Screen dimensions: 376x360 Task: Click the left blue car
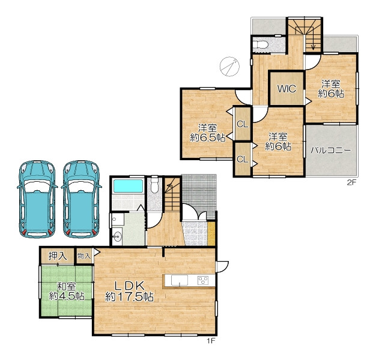tap(37, 199)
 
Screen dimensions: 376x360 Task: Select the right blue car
tap(81, 199)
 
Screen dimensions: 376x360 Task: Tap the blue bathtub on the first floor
tap(129, 186)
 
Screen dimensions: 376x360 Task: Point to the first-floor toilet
tap(154, 185)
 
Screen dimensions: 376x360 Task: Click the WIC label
tap(287, 89)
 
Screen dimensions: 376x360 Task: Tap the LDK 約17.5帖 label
tap(130, 292)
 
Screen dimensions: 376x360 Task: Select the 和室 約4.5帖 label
tap(67, 291)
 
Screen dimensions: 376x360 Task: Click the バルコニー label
tap(331, 151)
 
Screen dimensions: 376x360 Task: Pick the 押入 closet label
tap(58, 256)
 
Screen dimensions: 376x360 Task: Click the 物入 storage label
tap(83, 256)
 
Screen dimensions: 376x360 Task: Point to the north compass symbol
tap(229, 67)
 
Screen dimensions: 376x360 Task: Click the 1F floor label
tap(211, 341)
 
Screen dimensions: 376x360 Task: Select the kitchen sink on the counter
tap(180, 280)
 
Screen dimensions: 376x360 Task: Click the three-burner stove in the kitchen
tap(203, 280)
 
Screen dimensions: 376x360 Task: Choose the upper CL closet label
tap(242, 124)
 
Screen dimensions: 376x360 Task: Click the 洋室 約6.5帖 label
tap(207, 133)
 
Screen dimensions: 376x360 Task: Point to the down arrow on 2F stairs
tap(313, 39)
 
